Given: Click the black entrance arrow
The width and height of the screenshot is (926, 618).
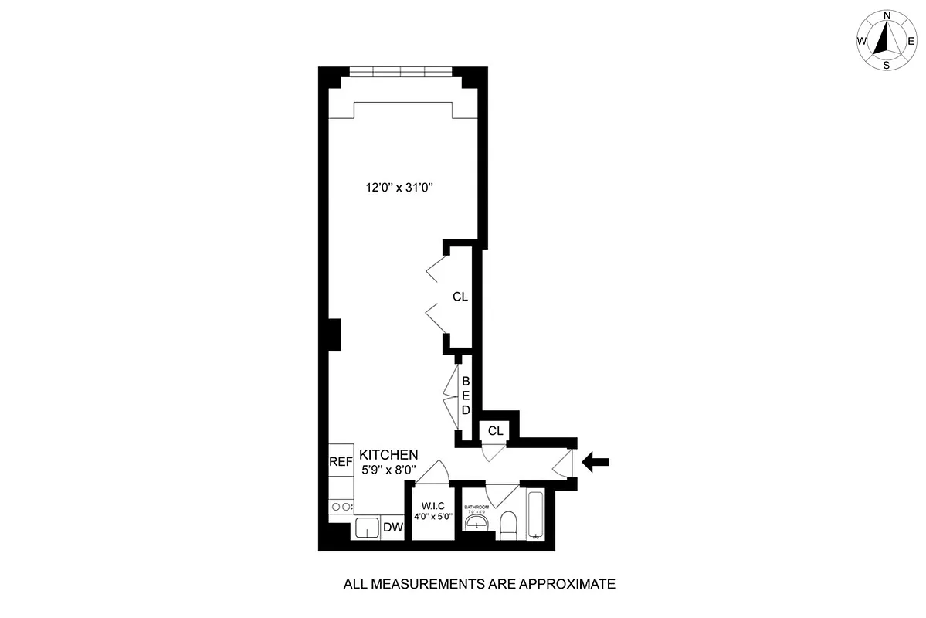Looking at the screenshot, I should (595, 463).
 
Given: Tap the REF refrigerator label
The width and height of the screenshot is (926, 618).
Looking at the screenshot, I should (341, 462).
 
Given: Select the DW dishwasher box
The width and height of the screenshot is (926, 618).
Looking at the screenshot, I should (393, 528).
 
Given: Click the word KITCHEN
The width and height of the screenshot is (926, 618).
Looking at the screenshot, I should (388, 455).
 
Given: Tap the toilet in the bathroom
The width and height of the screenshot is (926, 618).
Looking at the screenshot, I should (508, 527).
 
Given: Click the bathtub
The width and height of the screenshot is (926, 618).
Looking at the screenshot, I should (536, 515).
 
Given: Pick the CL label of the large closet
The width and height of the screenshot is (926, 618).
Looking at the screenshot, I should (460, 296).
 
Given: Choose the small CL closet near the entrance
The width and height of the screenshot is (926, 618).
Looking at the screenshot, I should (495, 430).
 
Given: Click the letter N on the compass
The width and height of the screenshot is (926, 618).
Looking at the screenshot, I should (887, 15).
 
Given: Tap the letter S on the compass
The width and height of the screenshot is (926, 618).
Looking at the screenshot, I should (887, 65).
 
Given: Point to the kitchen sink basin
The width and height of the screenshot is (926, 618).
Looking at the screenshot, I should (368, 528).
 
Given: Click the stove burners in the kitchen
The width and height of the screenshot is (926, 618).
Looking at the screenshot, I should (341, 507).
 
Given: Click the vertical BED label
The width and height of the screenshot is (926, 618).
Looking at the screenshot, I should (466, 396).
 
